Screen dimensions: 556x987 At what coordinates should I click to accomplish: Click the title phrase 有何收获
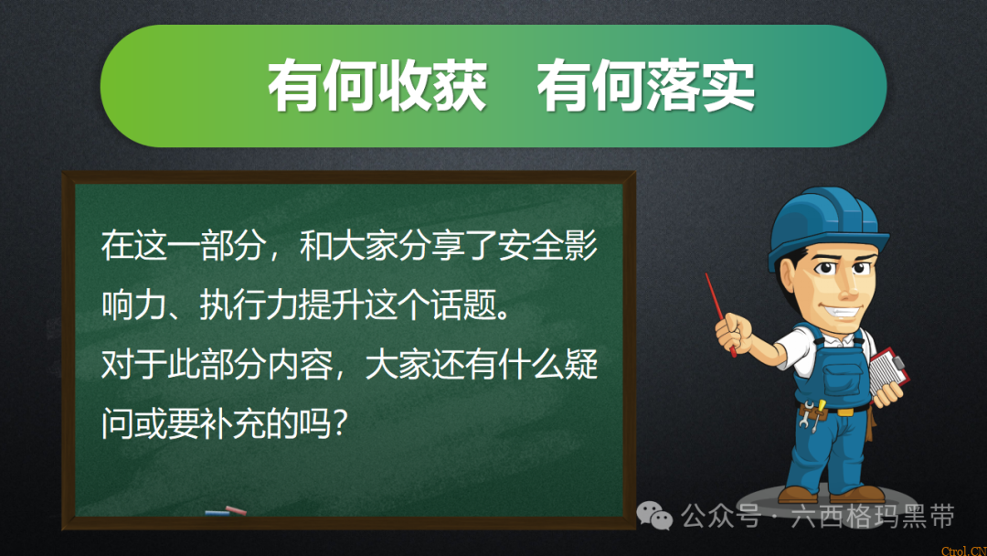(377, 87)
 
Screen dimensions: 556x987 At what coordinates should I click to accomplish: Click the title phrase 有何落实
(646, 87)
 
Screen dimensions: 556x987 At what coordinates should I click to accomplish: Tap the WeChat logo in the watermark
(655, 517)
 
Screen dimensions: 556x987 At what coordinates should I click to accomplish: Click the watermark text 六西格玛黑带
(875, 517)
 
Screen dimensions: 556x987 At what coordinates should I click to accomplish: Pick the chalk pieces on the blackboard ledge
(226, 511)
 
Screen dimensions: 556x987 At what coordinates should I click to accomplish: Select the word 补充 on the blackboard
(229, 424)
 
